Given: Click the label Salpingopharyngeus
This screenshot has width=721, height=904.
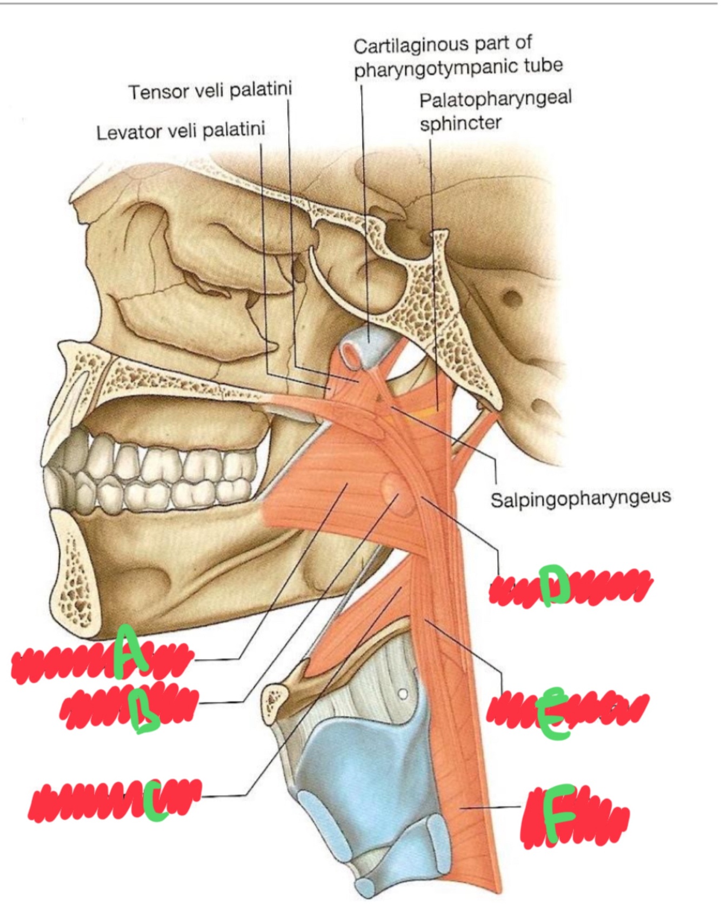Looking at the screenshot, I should click(x=580, y=498).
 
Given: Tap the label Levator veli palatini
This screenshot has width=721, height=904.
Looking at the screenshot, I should click(x=181, y=131).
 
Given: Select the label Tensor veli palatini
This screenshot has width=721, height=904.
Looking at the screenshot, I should click(x=210, y=90).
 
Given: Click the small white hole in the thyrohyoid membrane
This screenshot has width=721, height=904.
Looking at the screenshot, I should click(x=402, y=693).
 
